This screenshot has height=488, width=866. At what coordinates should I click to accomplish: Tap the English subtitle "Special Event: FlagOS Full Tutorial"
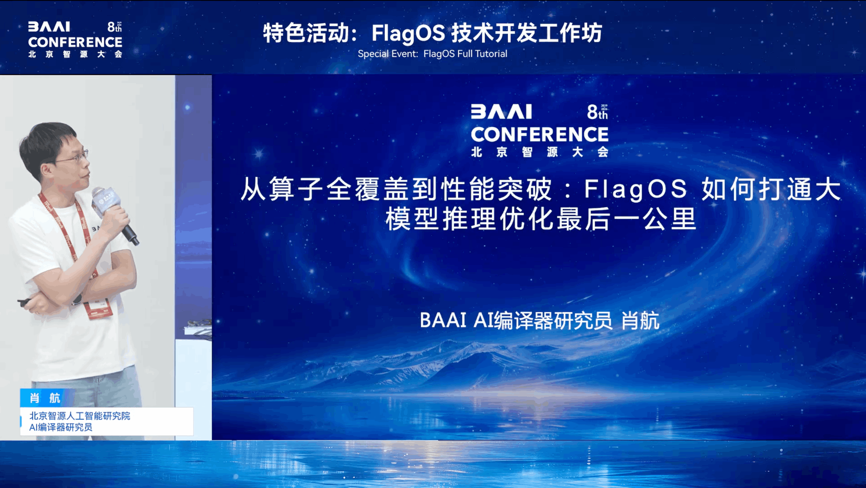coord(432,54)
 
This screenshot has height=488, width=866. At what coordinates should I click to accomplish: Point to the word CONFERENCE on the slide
coord(539,134)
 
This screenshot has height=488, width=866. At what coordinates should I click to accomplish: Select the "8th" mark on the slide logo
coord(597,112)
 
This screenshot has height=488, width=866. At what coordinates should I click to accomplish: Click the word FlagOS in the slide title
coord(635,189)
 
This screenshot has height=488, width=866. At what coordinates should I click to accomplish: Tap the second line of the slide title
coord(541,219)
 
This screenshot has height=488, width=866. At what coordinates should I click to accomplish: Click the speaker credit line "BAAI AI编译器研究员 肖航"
coord(539,320)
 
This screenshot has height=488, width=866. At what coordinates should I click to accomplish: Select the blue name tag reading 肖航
coord(45,398)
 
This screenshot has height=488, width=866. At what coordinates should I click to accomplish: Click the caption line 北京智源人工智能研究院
coord(80,416)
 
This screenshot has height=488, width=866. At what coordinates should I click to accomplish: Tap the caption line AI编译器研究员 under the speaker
coord(61,427)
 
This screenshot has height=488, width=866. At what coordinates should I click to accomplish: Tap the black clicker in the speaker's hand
coord(24,302)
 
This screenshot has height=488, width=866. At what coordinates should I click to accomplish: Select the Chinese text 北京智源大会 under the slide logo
coord(539,152)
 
